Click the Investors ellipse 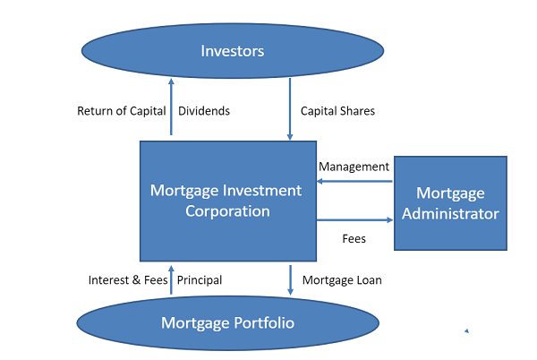pyautogui.click(x=233, y=51)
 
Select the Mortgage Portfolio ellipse pyautogui.click(x=227, y=323)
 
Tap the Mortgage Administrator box pyautogui.click(x=450, y=203)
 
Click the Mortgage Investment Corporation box pyautogui.click(x=228, y=201)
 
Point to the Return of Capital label pyautogui.click(x=122, y=111)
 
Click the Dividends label pyautogui.click(x=204, y=111)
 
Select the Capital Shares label pyautogui.click(x=337, y=111)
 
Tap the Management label pyautogui.click(x=354, y=167)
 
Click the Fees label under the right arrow pyautogui.click(x=354, y=238)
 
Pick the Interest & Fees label pyautogui.click(x=128, y=280)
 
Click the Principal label pyautogui.click(x=200, y=280)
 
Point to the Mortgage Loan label pyautogui.click(x=342, y=280)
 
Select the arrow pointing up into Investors pyautogui.click(x=171, y=107)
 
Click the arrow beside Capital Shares pyautogui.click(x=290, y=109)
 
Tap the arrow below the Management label pyautogui.click(x=354, y=181)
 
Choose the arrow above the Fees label pyautogui.click(x=354, y=220)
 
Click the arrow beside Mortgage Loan pyautogui.click(x=290, y=279)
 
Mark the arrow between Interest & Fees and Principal pyautogui.click(x=171, y=279)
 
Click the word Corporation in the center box pyautogui.click(x=227, y=211)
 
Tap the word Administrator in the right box pyautogui.click(x=450, y=214)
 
